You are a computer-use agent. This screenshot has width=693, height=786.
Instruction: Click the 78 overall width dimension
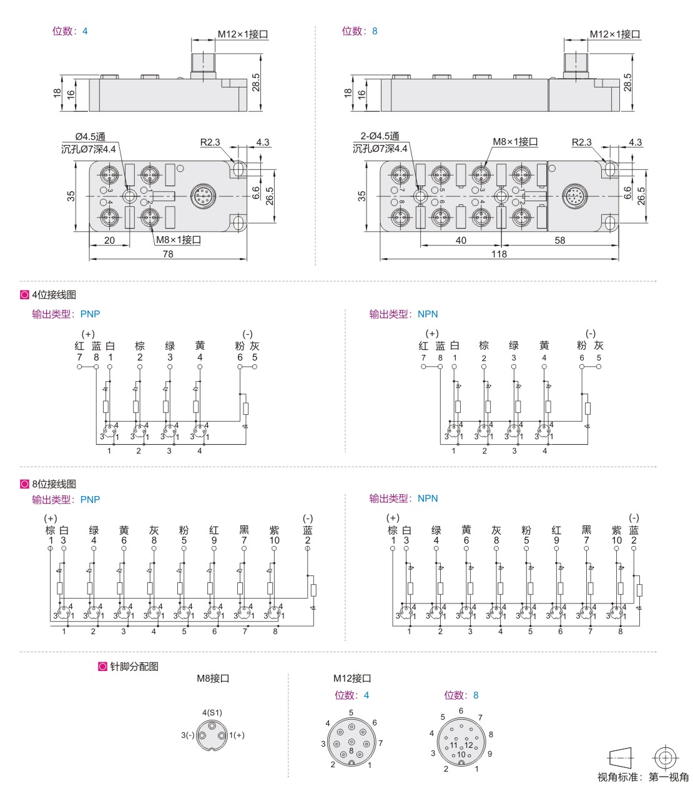(168, 254)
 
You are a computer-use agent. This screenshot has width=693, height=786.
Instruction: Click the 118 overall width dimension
(499, 254)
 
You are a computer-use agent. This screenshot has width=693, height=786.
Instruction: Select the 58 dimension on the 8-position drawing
(559, 240)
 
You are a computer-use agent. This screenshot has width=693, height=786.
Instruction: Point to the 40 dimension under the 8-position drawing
(461, 240)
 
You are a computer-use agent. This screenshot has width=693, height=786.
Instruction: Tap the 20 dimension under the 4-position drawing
(109, 240)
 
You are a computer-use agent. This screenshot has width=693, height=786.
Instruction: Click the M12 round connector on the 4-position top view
(203, 196)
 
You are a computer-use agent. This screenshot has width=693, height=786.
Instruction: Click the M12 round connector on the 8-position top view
(574, 196)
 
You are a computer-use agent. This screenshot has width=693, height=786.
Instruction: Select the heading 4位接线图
(54, 295)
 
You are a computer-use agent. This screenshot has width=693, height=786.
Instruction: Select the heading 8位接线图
(54, 484)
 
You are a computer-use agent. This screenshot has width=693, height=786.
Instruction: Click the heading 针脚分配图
(134, 667)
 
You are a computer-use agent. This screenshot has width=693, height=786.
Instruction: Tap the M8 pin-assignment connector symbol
(212, 735)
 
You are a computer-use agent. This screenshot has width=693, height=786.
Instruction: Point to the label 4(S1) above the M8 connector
(212, 713)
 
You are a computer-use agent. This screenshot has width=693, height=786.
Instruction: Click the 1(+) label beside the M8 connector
(237, 735)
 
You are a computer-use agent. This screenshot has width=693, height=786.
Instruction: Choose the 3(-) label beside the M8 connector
(188, 735)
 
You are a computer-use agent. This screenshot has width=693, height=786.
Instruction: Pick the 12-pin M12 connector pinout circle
(461, 742)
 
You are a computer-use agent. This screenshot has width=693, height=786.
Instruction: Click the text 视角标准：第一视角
(643, 777)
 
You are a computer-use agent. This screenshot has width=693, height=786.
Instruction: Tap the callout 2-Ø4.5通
(380, 136)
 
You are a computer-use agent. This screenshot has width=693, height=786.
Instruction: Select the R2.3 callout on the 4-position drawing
(210, 142)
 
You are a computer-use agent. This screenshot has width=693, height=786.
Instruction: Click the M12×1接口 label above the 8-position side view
(615, 34)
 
